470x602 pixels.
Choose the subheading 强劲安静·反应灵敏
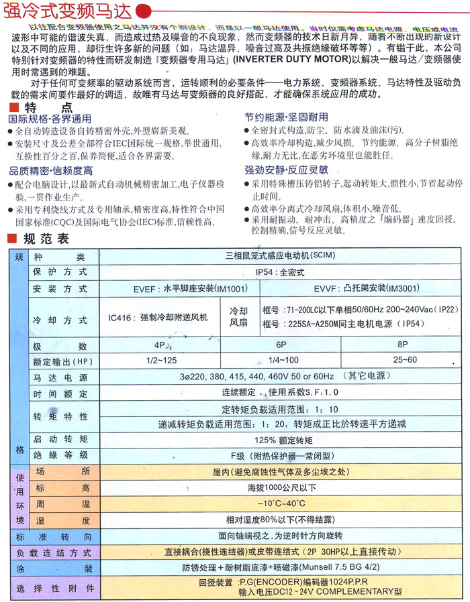286,170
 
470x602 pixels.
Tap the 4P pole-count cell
159,345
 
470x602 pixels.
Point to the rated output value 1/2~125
159,360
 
